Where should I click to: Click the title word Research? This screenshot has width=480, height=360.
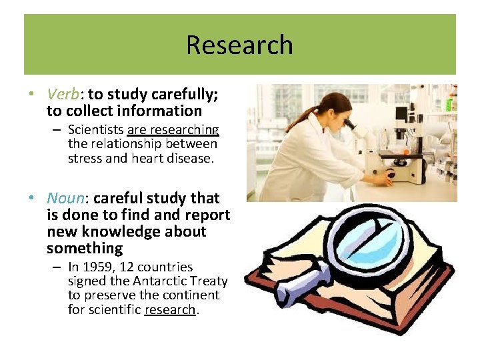[x=239, y=45]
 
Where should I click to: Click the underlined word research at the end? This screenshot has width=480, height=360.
[x=170, y=309]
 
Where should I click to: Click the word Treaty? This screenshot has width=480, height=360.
[x=209, y=281]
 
